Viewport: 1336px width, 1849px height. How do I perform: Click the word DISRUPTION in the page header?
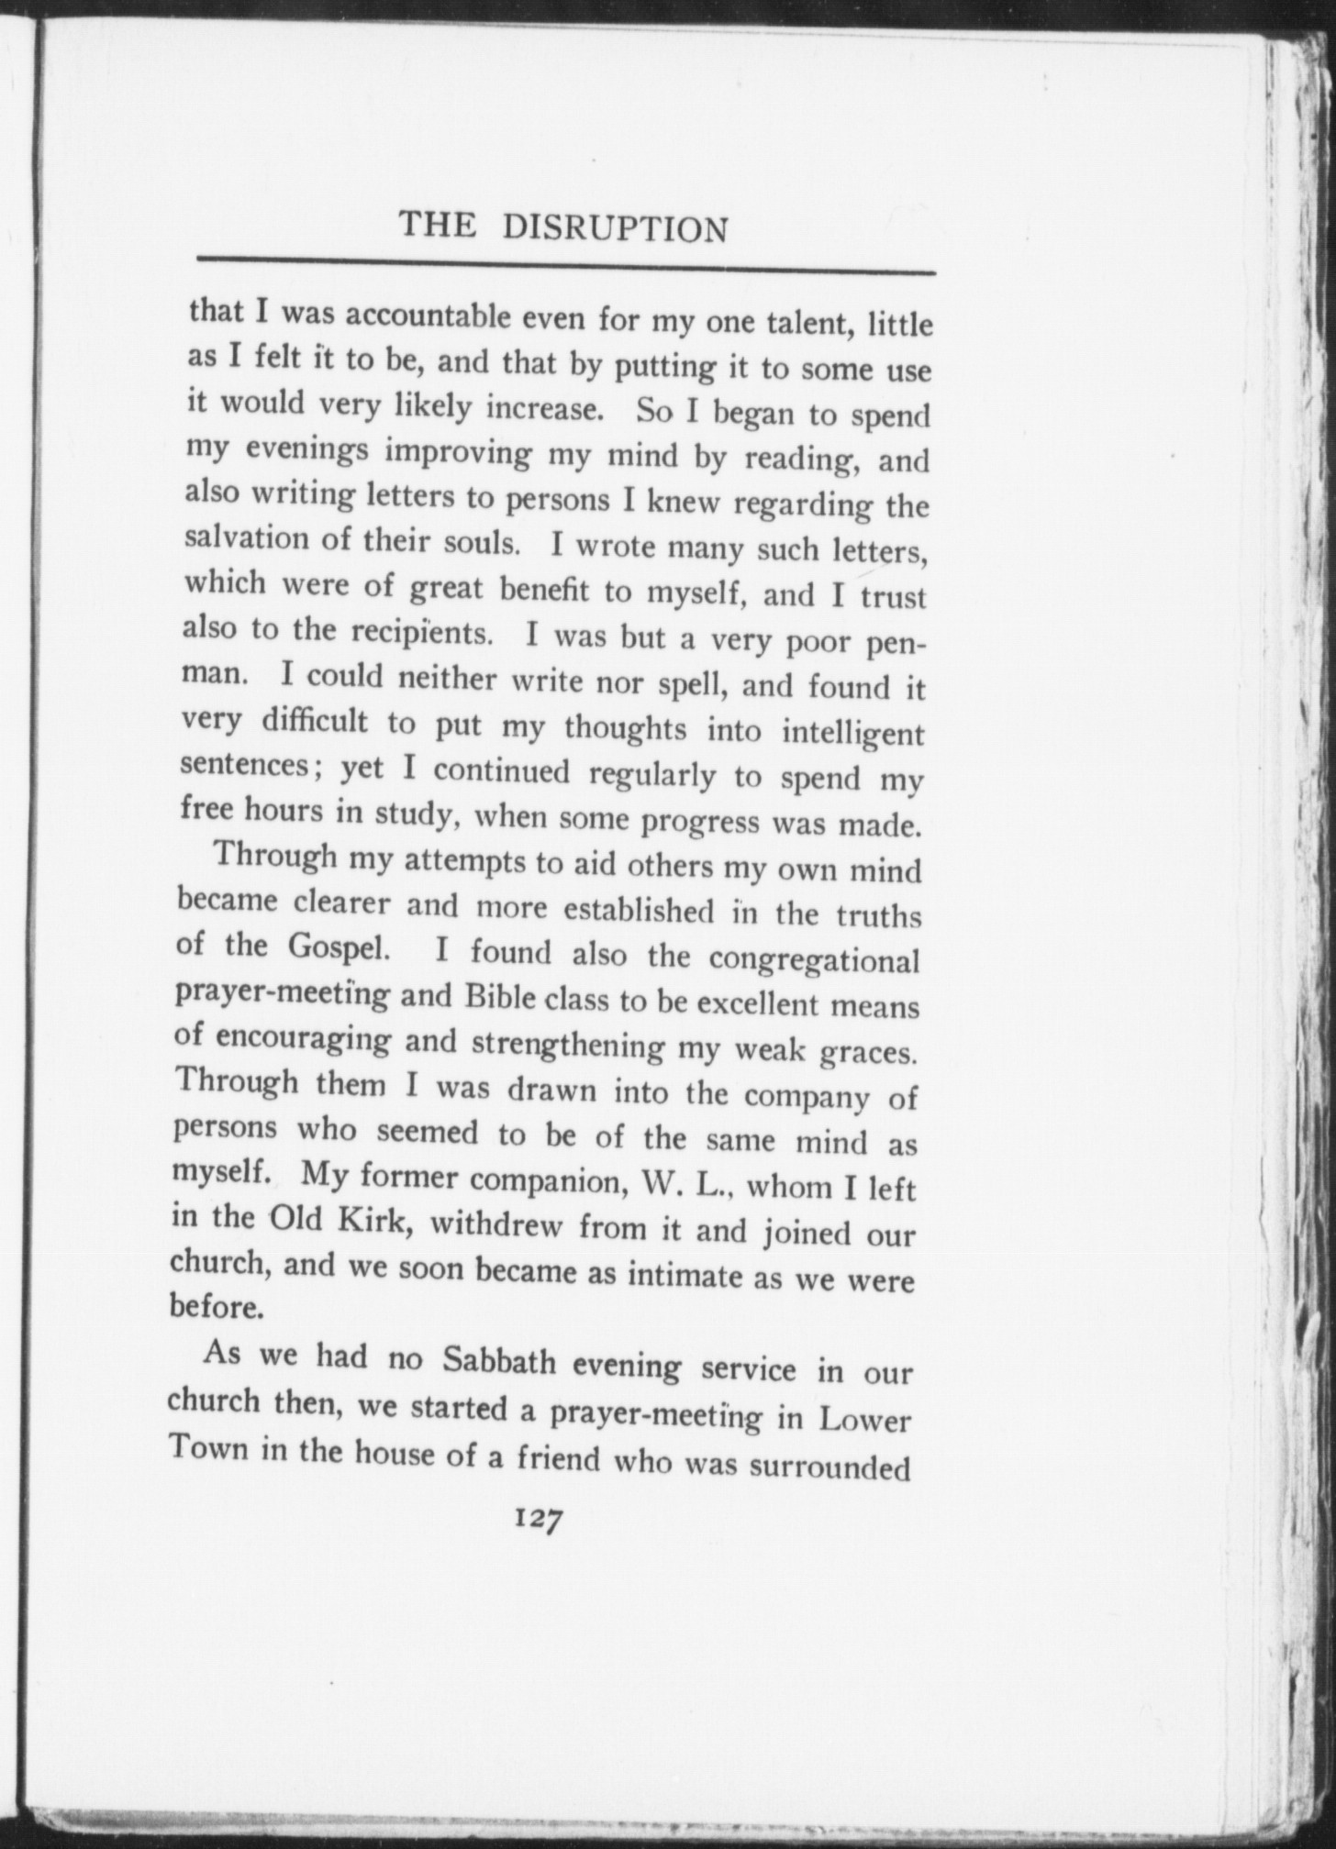coord(615,228)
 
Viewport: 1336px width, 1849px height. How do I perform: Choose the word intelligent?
coord(853,734)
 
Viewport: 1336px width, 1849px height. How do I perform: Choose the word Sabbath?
coord(500,1361)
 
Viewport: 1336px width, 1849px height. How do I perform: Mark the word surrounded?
coord(830,1467)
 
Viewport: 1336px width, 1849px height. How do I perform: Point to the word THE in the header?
coord(439,225)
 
